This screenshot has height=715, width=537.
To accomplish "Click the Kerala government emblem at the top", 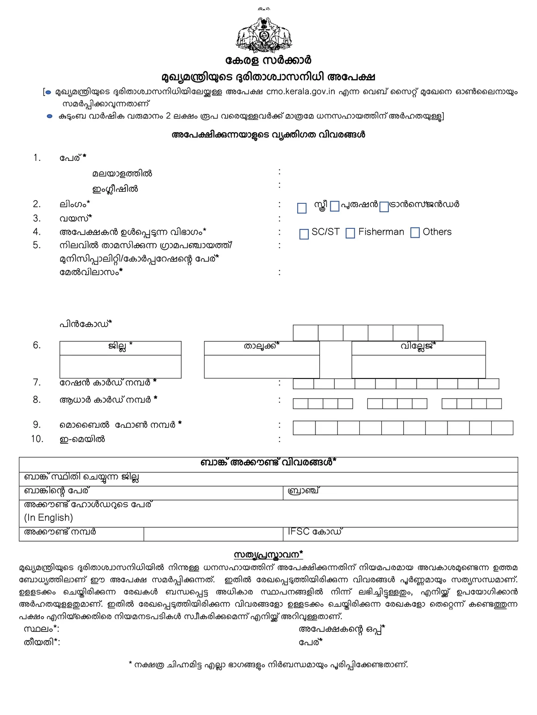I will click(x=264, y=35).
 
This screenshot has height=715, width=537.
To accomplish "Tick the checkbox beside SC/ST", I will click(x=304, y=234).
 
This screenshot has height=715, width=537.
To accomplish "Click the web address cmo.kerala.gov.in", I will click(x=300, y=92).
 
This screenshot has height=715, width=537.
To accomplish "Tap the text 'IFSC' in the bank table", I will click(x=298, y=532).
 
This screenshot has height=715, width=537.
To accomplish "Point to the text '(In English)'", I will click(x=48, y=518).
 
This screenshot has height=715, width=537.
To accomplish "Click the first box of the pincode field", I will click(x=306, y=333).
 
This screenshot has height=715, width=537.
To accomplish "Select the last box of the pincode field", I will click(x=430, y=333).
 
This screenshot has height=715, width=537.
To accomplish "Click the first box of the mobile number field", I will click(x=304, y=428).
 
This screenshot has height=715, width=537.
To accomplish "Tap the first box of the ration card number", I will click(x=303, y=383).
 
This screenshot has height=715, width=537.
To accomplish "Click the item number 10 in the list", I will click(x=37, y=439).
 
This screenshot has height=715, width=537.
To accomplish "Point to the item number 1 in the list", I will click(x=37, y=158).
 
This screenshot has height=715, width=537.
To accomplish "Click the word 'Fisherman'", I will click(x=381, y=232).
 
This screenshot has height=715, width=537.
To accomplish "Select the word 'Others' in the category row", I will click(x=437, y=232).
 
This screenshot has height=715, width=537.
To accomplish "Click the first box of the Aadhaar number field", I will click(x=300, y=404).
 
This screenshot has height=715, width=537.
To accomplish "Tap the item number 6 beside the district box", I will click(x=37, y=345).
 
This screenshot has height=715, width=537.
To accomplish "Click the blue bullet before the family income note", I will click(x=50, y=116).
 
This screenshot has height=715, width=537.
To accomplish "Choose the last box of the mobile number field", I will click(x=502, y=428).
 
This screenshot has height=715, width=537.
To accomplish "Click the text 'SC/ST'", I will click(x=325, y=232).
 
